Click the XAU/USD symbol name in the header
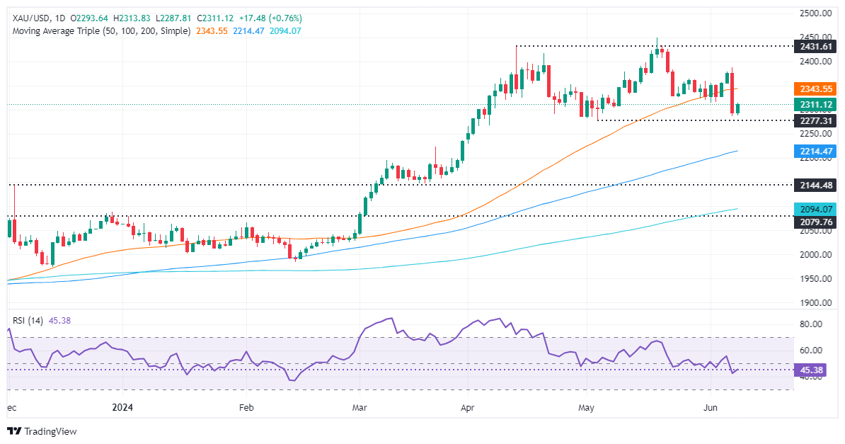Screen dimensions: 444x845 click(x=28, y=18)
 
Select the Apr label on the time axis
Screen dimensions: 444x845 click(x=467, y=408)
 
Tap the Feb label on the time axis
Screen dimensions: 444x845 click(x=246, y=408)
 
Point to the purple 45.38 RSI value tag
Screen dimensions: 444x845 click(x=815, y=370)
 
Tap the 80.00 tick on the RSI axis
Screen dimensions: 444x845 click(x=815, y=324)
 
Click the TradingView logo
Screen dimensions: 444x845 click(x=42, y=431)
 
